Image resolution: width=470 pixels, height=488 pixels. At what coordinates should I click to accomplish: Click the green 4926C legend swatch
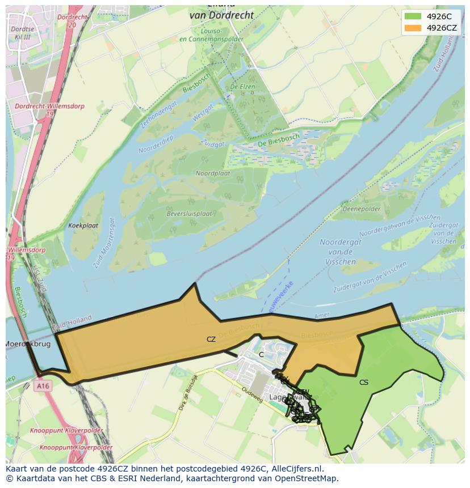coord(413,16)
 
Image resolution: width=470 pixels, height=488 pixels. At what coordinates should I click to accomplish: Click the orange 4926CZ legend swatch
coord(413,28)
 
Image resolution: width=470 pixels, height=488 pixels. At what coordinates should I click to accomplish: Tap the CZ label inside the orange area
coord(211,340)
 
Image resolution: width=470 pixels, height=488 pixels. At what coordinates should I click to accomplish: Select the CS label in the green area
coord(364,383)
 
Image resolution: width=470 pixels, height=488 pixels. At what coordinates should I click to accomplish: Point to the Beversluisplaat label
coord(189,214)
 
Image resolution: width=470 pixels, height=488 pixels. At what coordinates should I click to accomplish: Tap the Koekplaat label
coord(83,226)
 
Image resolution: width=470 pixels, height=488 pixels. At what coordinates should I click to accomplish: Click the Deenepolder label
coord(362,209)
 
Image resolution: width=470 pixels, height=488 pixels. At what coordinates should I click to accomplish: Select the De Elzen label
coord(242,87)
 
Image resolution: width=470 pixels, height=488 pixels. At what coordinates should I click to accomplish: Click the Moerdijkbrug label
coord(28,344)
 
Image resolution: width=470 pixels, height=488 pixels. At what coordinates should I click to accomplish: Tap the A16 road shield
coord(41,386)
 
